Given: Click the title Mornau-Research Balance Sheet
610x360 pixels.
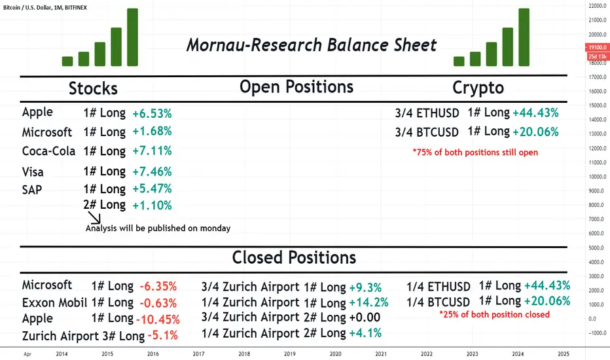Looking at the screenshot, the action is (312, 45).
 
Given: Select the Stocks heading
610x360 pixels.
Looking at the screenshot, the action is (93, 88).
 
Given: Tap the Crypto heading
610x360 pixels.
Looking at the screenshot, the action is (478, 88).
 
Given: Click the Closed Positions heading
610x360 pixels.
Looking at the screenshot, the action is (294, 257).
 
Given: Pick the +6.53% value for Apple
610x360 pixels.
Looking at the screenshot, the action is (152, 113).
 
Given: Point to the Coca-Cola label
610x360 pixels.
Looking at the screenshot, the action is (48, 151).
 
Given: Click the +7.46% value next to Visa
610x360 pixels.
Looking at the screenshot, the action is (152, 171).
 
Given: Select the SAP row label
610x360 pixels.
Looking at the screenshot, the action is (32, 190).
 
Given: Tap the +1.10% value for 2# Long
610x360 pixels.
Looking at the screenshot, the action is (152, 205).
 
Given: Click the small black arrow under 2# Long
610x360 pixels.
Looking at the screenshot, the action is (94, 218).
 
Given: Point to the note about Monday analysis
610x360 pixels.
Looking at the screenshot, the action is (158, 228).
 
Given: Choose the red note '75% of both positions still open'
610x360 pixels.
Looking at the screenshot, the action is (475, 152).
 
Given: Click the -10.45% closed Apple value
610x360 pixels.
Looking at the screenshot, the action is (158, 319).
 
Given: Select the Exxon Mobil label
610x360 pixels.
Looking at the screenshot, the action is (54, 302).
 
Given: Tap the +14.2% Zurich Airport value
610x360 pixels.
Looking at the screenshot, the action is (368, 302).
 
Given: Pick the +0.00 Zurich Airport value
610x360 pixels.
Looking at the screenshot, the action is (365, 317).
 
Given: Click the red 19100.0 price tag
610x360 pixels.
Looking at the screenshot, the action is (597, 47).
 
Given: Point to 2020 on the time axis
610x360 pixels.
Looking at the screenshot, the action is (335, 353).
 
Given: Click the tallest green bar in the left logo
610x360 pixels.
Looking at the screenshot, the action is (133, 37).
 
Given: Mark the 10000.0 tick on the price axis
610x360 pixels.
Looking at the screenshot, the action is (597, 177).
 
